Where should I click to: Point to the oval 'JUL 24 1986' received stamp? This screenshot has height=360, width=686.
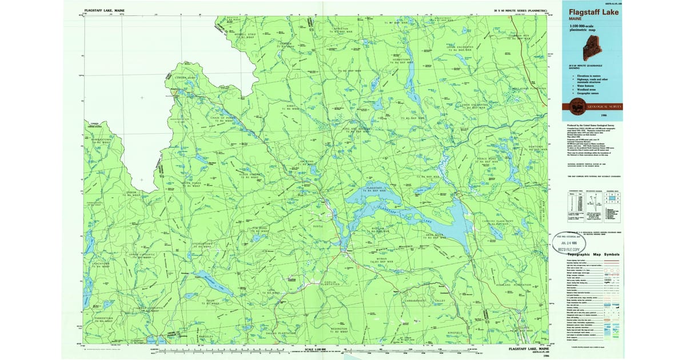point(574,242)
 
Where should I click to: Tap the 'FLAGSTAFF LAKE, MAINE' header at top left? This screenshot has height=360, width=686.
point(104,10)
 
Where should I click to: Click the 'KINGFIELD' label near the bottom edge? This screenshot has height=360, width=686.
point(454,332)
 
